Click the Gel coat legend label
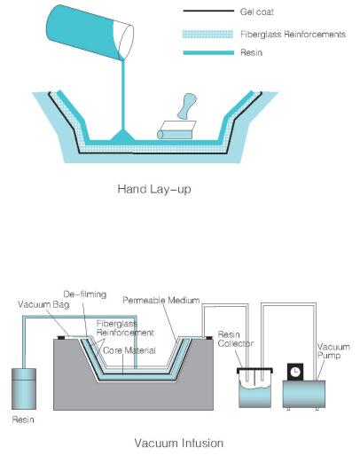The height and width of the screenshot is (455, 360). tap(257, 12)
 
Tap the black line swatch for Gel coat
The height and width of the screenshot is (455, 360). tap(208, 11)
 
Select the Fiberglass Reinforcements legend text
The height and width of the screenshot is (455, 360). tap(293, 35)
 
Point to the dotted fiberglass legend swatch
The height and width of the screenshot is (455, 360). tap(207, 34)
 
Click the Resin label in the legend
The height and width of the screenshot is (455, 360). tap(251, 52)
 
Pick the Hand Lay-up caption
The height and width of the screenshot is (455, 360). tap(154, 189)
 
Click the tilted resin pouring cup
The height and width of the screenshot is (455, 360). tap(90, 33)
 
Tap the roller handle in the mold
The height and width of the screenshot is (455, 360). tap(186, 106)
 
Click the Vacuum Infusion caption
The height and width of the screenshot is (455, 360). tap(179, 443)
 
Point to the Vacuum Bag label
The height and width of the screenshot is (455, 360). tap(43, 304)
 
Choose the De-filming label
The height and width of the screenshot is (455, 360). tap(85, 294)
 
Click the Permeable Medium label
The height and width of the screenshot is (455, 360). tap(161, 300)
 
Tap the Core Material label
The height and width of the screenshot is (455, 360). tap(129, 350)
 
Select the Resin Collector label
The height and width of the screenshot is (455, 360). tap(236, 339)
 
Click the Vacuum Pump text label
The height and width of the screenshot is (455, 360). tap(333, 350)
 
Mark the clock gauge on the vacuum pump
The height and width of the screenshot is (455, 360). tap(295, 372)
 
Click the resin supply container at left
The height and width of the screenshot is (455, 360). tap(24, 388)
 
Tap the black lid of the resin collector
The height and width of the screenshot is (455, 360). tap(254, 370)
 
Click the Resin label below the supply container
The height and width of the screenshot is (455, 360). tap(23, 420)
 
